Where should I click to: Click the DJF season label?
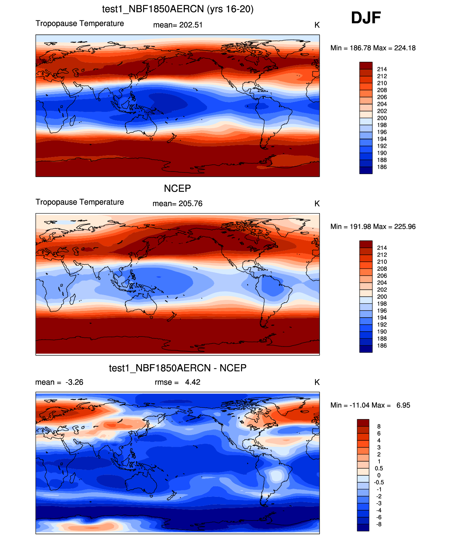366,18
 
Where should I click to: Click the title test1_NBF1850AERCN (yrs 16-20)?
178,9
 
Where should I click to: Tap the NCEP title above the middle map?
177,188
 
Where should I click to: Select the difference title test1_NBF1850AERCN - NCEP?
178,368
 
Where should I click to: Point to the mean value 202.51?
191,25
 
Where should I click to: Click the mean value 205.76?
190,204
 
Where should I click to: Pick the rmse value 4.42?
193,382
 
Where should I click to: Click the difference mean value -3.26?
74,382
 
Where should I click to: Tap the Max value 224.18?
405,48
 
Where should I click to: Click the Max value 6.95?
403,405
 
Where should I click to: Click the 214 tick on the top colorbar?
382,69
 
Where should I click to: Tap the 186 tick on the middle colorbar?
382,346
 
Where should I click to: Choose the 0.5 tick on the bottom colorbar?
379,468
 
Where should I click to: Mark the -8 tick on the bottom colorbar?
379,524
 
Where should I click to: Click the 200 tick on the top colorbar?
382,118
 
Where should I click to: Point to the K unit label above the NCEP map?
317,204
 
